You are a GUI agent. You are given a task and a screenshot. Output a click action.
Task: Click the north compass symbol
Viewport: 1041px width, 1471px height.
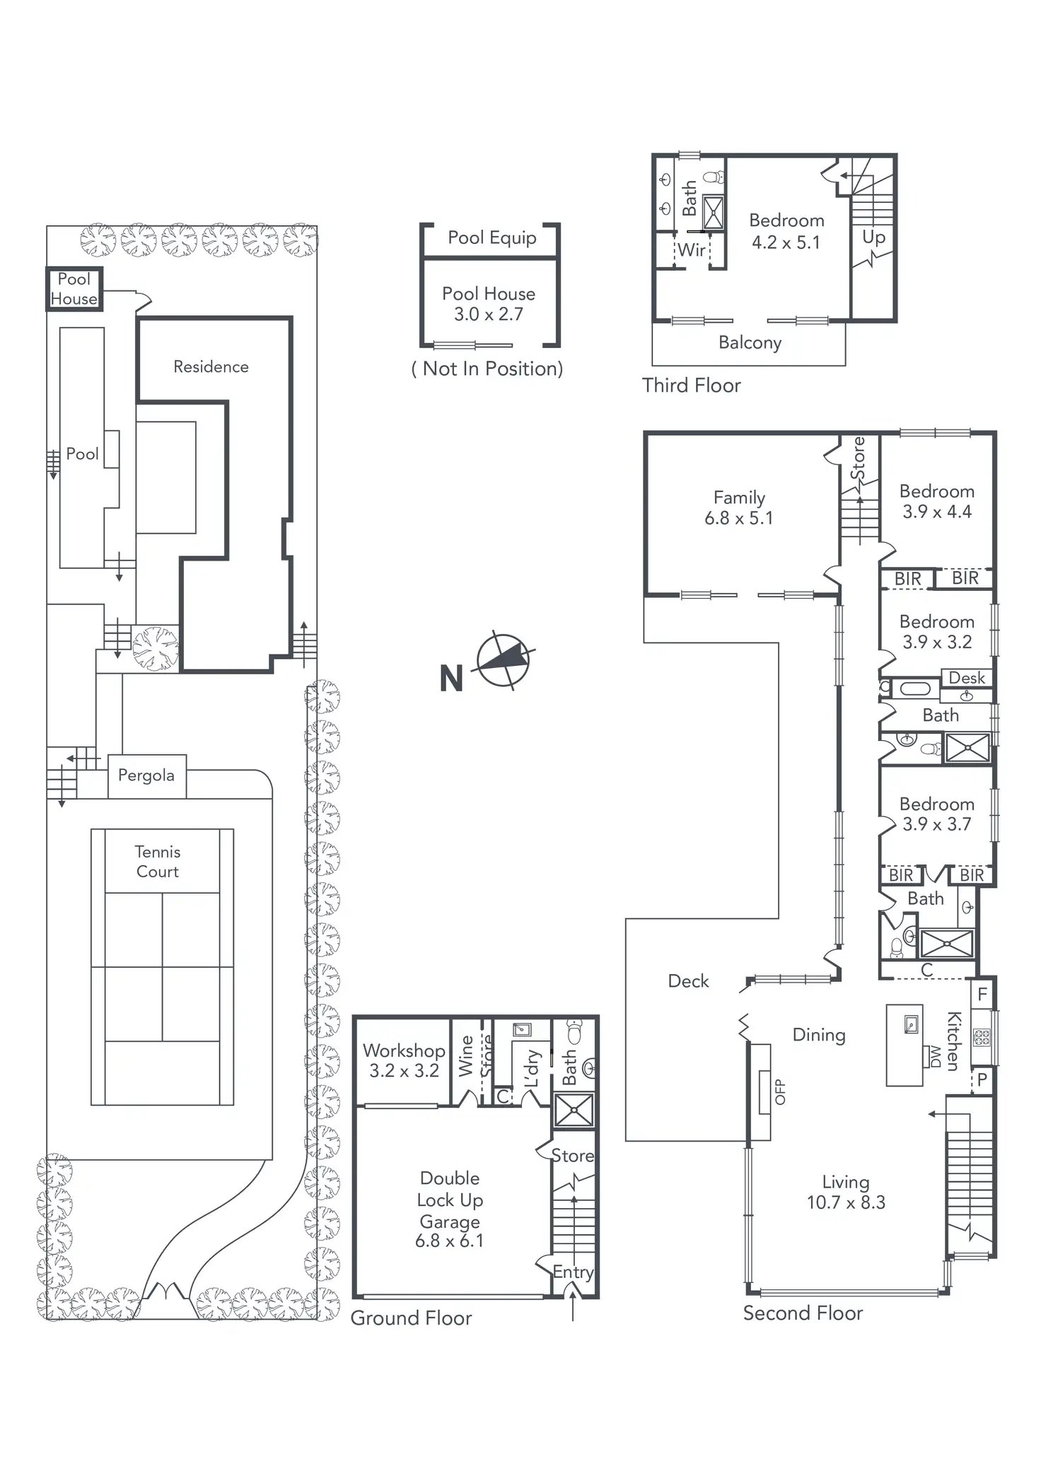pos(503,660)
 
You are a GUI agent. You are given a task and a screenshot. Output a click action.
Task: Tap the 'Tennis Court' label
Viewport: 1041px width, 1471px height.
pos(157,862)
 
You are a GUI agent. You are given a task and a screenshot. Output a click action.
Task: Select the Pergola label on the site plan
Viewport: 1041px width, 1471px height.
pos(146,775)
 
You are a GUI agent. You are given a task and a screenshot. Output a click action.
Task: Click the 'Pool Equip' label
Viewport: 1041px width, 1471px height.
pos(492,238)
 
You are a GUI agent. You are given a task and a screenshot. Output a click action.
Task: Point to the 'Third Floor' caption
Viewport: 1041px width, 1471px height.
pos(691,385)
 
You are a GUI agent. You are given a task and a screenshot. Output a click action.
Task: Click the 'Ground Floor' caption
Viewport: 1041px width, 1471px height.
pos(411,1318)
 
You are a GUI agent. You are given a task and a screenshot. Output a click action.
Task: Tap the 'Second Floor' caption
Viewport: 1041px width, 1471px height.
pos(803,1313)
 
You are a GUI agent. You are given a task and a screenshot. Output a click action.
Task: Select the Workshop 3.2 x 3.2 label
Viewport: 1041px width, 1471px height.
pos(404,1060)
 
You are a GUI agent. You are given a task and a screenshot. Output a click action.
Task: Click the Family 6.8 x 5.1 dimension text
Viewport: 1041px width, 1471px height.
pos(738,518)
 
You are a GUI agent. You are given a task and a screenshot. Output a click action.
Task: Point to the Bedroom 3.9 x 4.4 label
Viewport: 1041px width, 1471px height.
pos(936,501)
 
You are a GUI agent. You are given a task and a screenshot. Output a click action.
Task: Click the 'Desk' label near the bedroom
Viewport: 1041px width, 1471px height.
pos(966,678)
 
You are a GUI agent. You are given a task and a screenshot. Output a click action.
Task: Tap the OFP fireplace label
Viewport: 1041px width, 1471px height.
pos(780,1091)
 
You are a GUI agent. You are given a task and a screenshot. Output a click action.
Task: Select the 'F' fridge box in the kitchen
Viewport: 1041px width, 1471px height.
pos(982,995)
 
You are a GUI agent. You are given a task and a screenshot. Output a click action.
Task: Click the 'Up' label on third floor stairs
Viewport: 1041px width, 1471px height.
pos(873,238)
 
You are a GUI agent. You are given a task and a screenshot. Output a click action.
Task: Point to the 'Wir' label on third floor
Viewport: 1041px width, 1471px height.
pos(691,250)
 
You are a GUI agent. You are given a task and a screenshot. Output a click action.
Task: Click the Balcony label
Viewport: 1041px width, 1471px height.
pos(750,343)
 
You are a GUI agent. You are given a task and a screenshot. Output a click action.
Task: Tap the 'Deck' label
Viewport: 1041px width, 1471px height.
pos(688,980)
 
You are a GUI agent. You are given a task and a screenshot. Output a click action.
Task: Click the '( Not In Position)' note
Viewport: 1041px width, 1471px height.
pos(487,368)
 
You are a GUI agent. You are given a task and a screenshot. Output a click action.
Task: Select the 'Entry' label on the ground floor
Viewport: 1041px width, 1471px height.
pos(573,1272)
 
